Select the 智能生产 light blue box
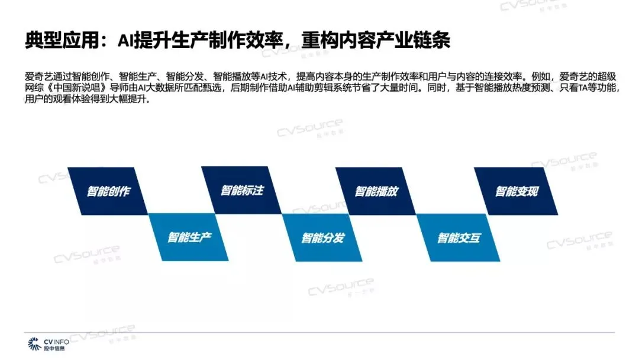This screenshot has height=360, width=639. [189, 237]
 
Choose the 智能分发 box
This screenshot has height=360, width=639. [322, 237]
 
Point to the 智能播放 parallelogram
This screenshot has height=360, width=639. [376, 191]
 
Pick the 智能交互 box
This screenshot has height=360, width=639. [459, 237]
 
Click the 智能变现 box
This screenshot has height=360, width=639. [516, 191]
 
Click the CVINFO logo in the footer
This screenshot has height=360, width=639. [47, 344]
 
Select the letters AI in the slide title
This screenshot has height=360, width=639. [124, 40]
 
